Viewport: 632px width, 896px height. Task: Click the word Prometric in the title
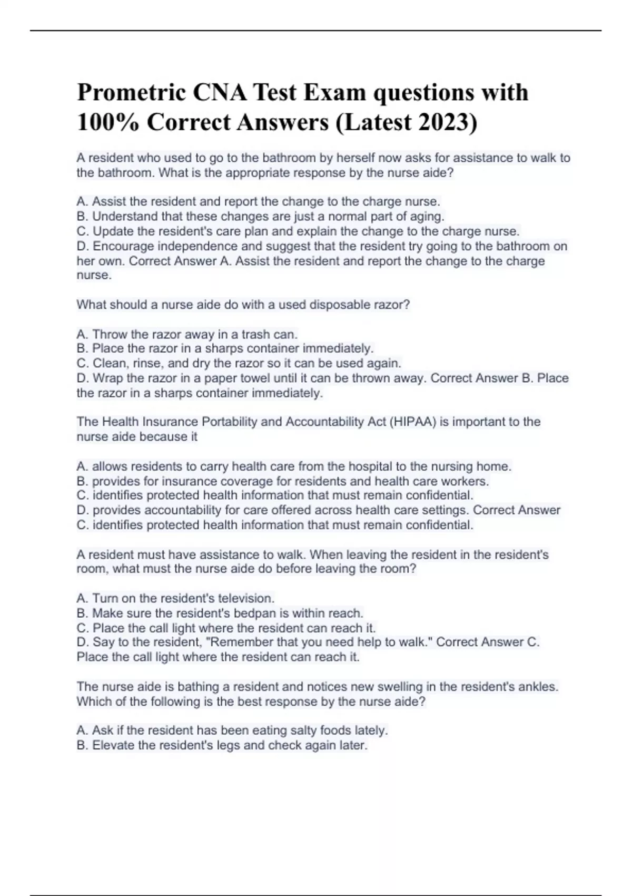coord(131,93)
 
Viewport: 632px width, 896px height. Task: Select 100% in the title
coord(108,122)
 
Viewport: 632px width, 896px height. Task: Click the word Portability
coord(233,422)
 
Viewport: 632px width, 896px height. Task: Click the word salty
coord(291,731)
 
